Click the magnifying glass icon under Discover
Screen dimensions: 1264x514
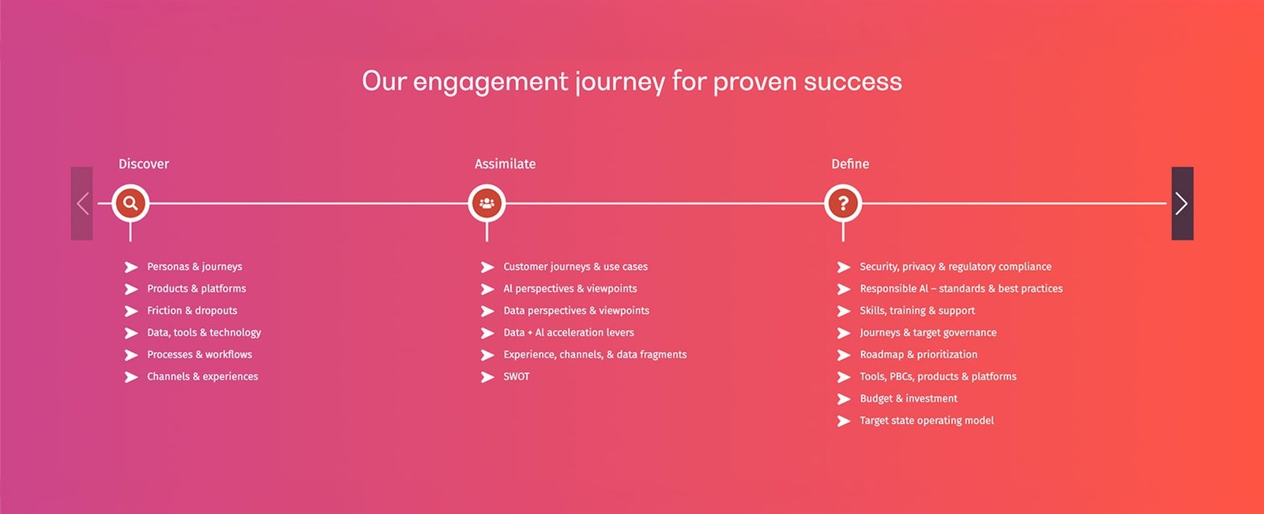(x=130, y=202)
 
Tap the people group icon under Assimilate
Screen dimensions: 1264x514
(x=487, y=202)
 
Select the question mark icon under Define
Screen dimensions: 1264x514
(x=843, y=202)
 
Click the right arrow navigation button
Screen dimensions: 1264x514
(x=1182, y=203)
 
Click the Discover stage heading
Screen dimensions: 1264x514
(x=143, y=164)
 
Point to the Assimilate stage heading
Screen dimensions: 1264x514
(x=505, y=164)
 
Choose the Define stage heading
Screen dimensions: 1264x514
(x=850, y=164)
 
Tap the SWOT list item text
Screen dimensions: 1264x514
(x=517, y=376)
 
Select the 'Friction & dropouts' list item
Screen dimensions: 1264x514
(x=192, y=311)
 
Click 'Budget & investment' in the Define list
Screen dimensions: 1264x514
(x=908, y=399)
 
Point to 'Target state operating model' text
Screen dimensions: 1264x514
(x=927, y=421)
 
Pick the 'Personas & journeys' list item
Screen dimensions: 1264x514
(x=194, y=266)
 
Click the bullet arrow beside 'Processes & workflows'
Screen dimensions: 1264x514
(x=131, y=355)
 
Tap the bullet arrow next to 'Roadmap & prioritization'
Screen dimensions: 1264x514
(x=844, y=355)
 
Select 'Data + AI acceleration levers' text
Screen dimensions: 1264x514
(x=568, y=333)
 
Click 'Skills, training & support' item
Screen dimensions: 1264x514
(x=917, y=311)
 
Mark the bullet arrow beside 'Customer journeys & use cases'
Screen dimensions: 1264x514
(x=487, y=267)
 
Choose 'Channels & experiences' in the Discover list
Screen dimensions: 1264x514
(x=202, y=376)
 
